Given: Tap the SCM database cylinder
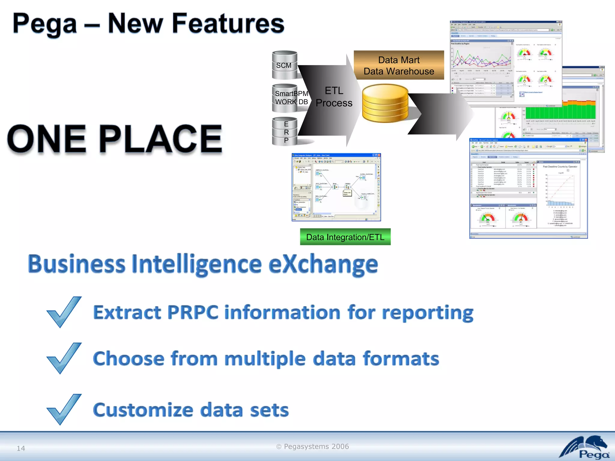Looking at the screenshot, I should [284, 65].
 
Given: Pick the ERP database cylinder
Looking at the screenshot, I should [286, 132].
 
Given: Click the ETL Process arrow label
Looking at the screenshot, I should [334, 97].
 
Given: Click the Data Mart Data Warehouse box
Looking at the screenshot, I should [398, 65].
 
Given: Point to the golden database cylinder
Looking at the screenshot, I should [385, 104].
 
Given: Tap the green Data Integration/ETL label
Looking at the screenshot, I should [345, 237].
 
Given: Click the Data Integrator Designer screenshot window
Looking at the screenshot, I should [336, 187].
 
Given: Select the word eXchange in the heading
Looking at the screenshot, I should [323, 264].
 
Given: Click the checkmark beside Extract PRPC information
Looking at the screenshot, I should [63, 312].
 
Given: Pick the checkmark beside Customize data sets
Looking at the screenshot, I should [63, 409].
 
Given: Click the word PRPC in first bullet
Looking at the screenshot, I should [192, 312].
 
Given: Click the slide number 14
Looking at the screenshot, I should [21, 448].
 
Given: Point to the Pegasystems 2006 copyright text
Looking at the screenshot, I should [312, 446].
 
